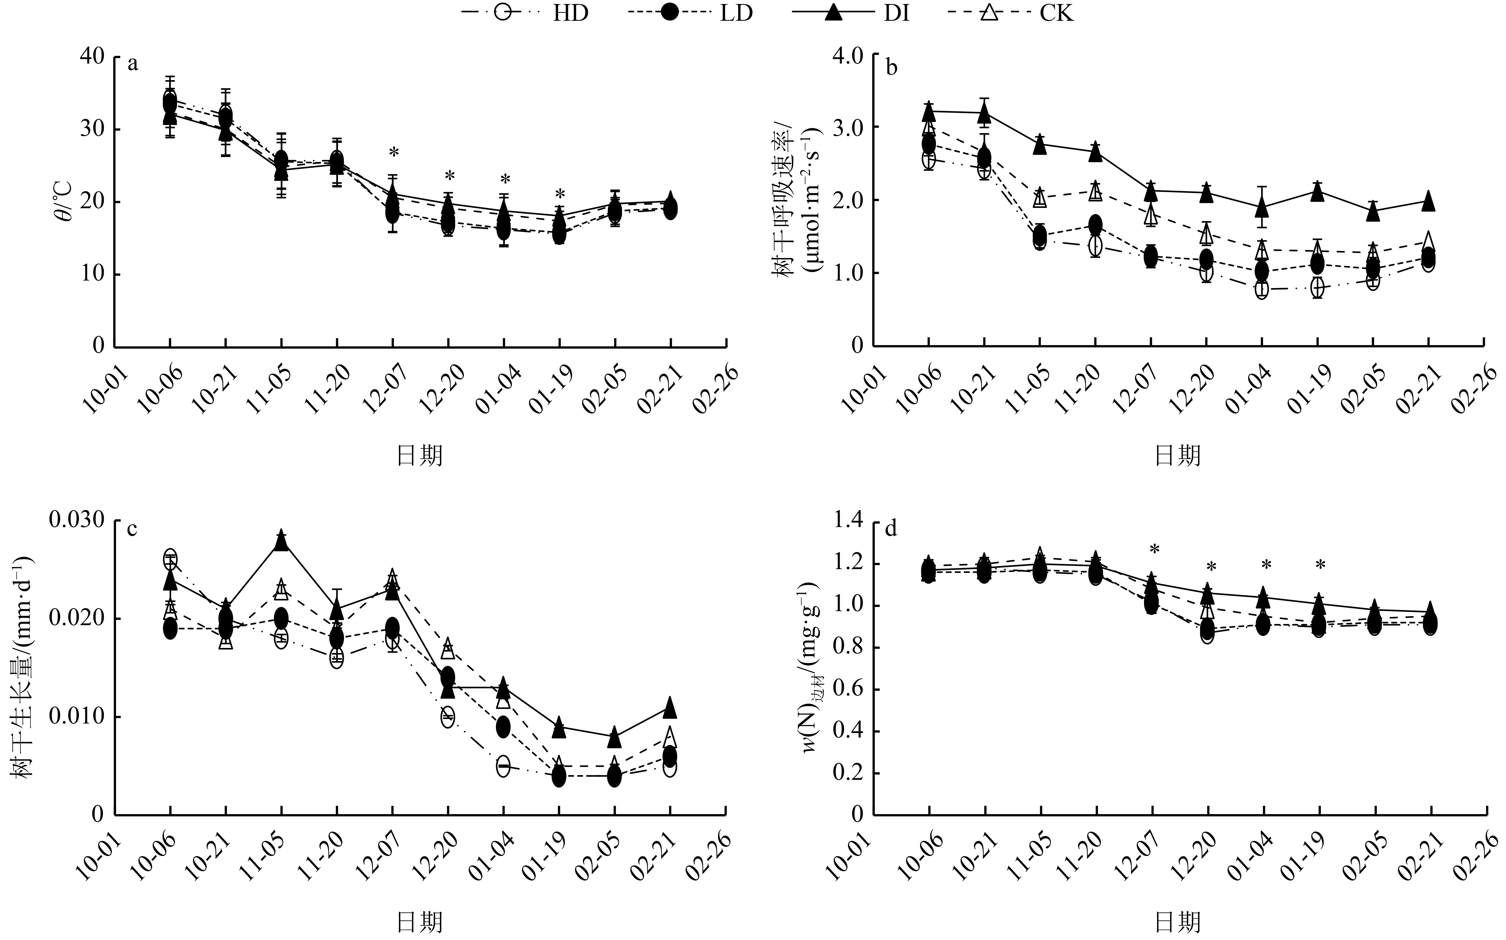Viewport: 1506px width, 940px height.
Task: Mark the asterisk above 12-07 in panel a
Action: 393,153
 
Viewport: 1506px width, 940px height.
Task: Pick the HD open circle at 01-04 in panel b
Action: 1262,290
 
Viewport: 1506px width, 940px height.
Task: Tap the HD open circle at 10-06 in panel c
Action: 170,558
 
